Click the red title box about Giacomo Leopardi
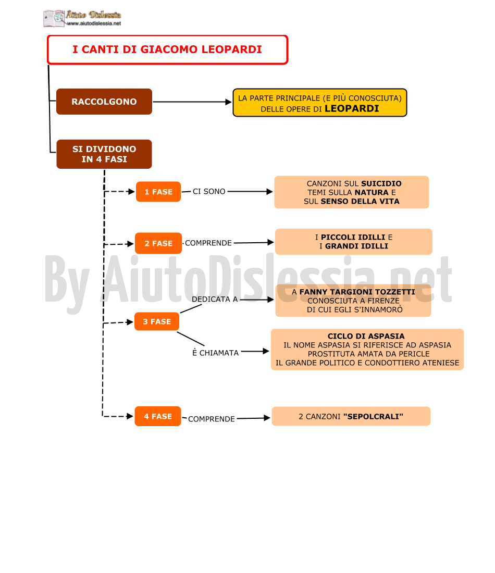(x=167, y=49)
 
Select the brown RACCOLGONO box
(x=104, y=102)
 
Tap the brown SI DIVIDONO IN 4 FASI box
(x=104, y=154)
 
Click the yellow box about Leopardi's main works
(x=320, y=103)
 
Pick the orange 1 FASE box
(x=158, y=192)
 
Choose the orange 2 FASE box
(x=158, y=243)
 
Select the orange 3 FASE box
(x=157, y=321)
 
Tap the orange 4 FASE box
(x=158, y=416)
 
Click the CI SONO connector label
(x=209, y=192)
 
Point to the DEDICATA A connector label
(x=215, y=300)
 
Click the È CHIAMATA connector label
(x=215, y=353)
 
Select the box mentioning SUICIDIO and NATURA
(x=352, y=192)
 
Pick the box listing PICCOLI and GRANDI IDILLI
(x=353, y=242)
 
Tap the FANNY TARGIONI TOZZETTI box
(x=353, y=301)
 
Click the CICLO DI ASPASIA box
(x=367, y=350)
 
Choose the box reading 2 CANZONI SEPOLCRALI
(x=351, y=416)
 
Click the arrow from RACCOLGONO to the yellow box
(x=192, y=102)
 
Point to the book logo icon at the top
(x=55, y=18)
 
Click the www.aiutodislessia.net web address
(x=94, y=23)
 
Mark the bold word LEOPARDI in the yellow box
(x=352, y=108)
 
